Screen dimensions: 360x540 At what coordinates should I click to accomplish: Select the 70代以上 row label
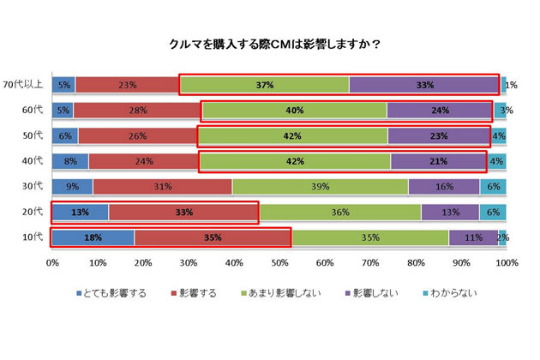pyautogui.click(x=25, y=84)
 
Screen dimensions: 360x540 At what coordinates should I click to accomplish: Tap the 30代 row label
pyautogui.click(x=33, y=186)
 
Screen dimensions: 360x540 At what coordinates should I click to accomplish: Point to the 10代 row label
pyautogui.click(x=33, y=237)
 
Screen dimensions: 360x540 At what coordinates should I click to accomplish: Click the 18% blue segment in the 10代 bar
pyautogui.click(x=93, y=237)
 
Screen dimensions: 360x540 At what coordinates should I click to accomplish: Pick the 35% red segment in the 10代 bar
pyautogui.click(x=213, y=237)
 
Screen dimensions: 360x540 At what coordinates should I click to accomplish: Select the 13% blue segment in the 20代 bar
pyautogui.click(x=81, y=212)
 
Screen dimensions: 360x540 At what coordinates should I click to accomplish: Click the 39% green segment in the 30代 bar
pyautogui.click(x=320, y=186)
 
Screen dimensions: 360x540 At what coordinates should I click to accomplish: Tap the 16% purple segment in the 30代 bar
pyautogui.click(x=443, y=186)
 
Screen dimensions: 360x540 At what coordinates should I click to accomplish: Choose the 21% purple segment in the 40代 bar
pyautogui.click(x=438, y=161)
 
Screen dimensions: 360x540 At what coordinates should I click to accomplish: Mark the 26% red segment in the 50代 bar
pyautogui.click(x=137, y=135)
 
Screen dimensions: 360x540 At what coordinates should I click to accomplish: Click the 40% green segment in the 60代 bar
pyautogui.click(x=294, y=110)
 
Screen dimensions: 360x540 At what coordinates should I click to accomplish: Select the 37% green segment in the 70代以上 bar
pyautogui.click(x=265, y=85)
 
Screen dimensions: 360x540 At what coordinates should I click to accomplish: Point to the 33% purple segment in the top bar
pyautogui.click(x=423, y=85)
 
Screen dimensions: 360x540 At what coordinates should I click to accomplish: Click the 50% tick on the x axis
pyautogui.click(x=279, y=262)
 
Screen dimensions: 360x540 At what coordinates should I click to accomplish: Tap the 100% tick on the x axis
pyautogui.click(x=506, y=262)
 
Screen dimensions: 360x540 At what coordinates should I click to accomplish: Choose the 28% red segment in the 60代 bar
pyautogui.click(x=137, y=110)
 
